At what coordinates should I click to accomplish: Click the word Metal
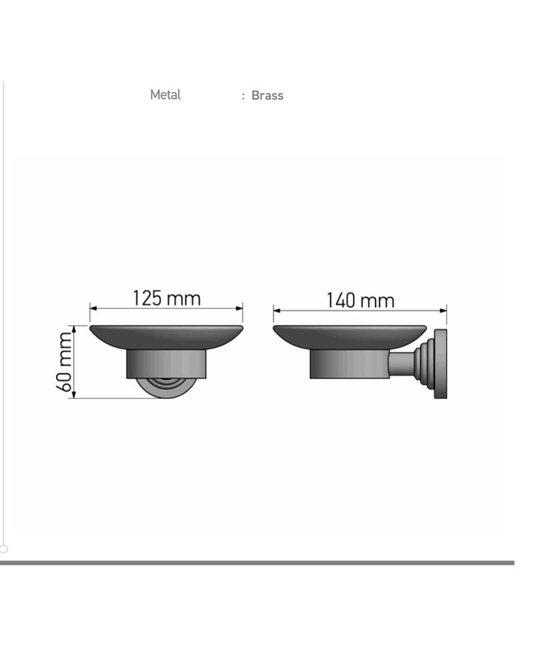[165, 95]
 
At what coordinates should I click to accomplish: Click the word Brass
[267, 95]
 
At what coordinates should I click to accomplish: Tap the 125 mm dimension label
[167, 298]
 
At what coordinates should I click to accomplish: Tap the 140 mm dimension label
[360, 300]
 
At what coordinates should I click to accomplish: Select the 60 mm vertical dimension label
[64, 362]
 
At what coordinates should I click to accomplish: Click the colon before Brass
[243, 97]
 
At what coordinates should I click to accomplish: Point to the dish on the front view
[166, 337]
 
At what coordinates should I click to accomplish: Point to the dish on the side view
[349, 337]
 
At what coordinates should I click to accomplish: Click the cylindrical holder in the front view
[166, 364]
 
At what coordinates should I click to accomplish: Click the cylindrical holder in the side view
[349, 364]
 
